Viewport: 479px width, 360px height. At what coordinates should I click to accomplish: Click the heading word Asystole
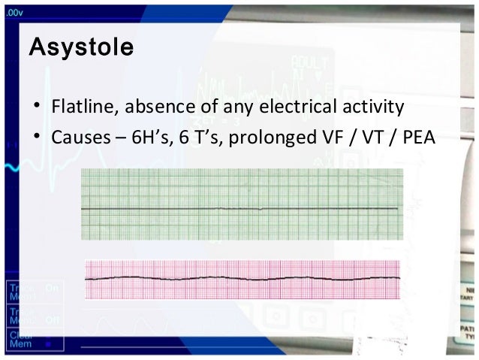(x=81, y=49)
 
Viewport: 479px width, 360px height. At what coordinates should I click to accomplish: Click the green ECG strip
(x=241, y=204)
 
